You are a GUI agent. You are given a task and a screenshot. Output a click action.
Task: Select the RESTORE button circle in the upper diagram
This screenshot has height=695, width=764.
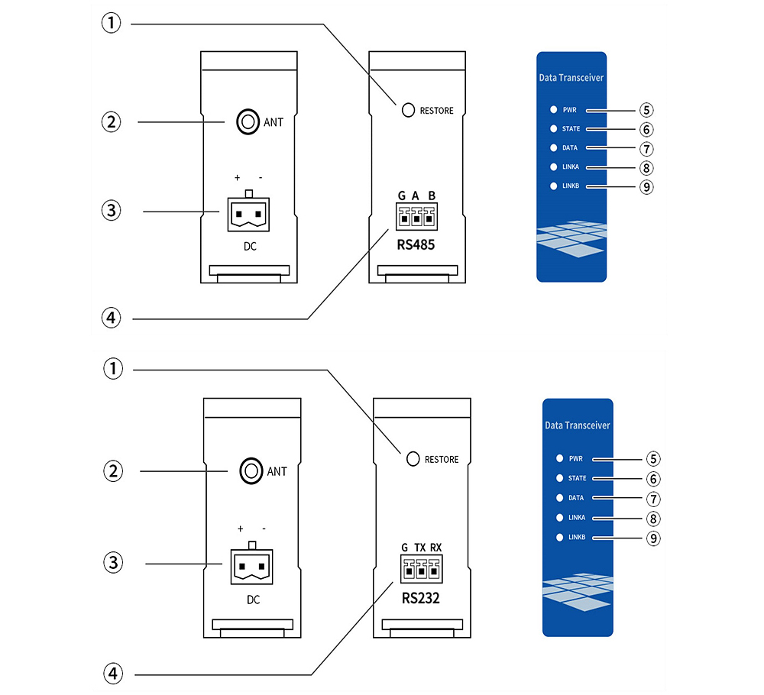[409, 110]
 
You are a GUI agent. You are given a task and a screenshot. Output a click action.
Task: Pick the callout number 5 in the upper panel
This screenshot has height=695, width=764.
[647, 110]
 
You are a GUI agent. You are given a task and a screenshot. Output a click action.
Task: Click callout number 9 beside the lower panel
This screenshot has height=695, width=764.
[652, 538]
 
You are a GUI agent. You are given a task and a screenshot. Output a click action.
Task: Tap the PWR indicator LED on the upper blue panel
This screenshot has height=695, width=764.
[553, 110]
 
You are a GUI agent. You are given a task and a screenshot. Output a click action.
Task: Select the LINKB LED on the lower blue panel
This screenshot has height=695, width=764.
[559, 538]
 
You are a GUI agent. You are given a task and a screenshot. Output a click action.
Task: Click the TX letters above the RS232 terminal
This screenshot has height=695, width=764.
[420, 548]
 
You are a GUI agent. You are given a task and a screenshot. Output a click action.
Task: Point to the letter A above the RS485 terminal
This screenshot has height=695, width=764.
[416, 196]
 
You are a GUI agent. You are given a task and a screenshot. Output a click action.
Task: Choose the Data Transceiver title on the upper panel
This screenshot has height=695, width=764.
[572, 77]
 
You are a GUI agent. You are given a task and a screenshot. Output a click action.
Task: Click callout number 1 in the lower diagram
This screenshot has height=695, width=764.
[113, 370]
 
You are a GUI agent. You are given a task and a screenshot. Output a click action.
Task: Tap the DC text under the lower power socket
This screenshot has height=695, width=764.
[252, 600]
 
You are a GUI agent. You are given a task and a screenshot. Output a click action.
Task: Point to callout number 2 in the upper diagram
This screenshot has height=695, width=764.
[113, 121]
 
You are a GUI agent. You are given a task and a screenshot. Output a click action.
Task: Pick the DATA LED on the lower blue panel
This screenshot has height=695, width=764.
[559, 498]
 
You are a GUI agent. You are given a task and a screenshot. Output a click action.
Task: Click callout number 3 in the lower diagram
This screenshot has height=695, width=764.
[113, 564]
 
